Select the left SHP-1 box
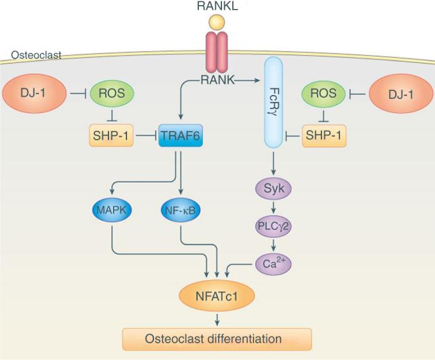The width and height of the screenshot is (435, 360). [112, 136]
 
